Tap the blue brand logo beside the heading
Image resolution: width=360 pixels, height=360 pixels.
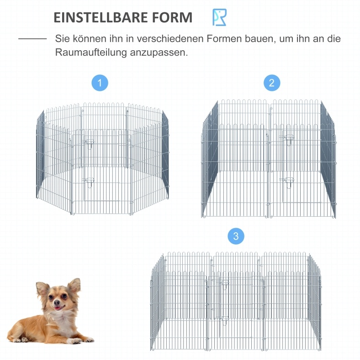click(219, 17)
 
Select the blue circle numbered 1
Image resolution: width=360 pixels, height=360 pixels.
click(100, 83)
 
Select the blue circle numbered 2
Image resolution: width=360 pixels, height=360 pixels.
click(272, 83)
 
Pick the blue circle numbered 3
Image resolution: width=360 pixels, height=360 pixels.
click(236, 236)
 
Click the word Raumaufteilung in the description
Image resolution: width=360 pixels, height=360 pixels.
click(91, 52)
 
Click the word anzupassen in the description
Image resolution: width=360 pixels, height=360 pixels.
click(159, 53)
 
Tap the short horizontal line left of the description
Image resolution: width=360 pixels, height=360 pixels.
click(32, 39)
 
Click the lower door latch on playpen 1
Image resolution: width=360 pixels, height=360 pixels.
click(90, 182)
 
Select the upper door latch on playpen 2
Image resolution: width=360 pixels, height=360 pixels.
click(288, 139)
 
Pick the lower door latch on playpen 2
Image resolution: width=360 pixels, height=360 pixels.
click(288, 183)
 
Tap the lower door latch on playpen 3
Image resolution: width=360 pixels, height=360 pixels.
click(225, 320)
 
